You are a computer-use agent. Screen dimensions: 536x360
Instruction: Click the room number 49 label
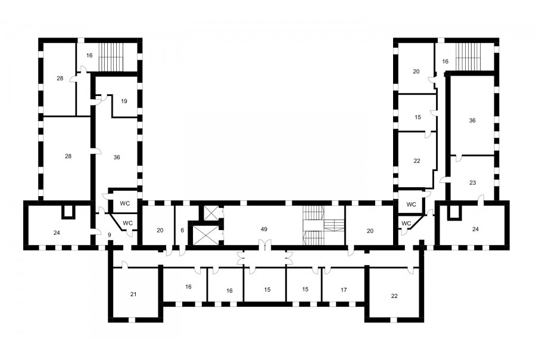(x=264, y=229)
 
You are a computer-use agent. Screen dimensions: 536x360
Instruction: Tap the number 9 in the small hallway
(x=110, y=235)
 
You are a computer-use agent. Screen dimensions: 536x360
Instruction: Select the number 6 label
(x=182, y=230)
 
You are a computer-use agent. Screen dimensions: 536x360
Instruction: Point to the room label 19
(x=124, y=101)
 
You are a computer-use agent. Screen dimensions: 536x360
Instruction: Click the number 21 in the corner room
(x=133, y=294)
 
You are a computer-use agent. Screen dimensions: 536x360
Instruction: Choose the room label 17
(x=344, y=290)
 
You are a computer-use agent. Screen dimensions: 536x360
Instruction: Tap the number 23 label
(x=472, y=183)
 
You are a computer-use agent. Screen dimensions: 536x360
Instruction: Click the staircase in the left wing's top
(x=111, y=57)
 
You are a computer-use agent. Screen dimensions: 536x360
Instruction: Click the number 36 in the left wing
(x=117, y=157)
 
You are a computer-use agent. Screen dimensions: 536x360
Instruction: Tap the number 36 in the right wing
(x=472, y=120)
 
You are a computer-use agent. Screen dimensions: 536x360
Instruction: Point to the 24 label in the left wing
(x=57, y=232)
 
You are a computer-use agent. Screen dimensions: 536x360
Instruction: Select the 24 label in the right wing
(x=475, y=229)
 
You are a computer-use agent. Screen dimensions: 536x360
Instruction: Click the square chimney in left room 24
(x=68, y=212)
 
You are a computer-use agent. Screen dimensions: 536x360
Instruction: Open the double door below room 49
(x=265, y=246)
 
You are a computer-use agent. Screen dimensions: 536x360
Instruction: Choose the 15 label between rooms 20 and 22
(x=417, y=117)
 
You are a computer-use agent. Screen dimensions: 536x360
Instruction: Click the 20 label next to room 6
(x=160, y=230)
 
